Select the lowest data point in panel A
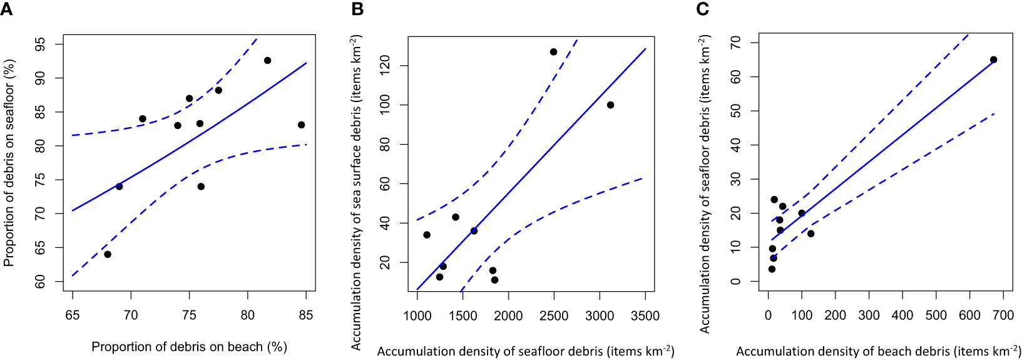point(108,254)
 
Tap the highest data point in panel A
point(267,61)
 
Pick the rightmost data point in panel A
point(301,125)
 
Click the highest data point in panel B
point(553,52)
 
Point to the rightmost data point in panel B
point(610,105)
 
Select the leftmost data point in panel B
point(427,235)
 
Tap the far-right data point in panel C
point(993,60)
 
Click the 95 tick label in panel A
point(40,44)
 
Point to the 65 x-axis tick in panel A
point(73,315)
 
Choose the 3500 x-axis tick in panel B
point(645,316)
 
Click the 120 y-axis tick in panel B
point(386,65)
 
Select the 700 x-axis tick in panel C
point(1003,315)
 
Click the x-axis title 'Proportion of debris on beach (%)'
point(189,347)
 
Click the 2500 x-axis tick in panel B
point(553,316)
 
